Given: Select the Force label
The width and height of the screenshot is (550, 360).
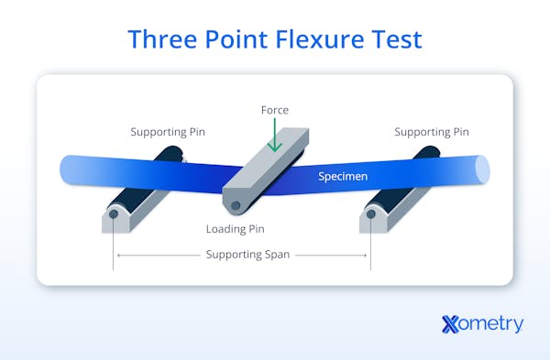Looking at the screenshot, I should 273,110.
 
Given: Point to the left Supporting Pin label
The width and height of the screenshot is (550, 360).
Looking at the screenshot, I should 168,132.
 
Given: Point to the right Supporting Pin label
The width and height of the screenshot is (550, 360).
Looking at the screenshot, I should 432,132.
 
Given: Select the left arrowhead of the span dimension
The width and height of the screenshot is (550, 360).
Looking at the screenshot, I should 116,255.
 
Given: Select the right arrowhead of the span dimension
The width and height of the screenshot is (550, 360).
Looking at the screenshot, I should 367,255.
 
